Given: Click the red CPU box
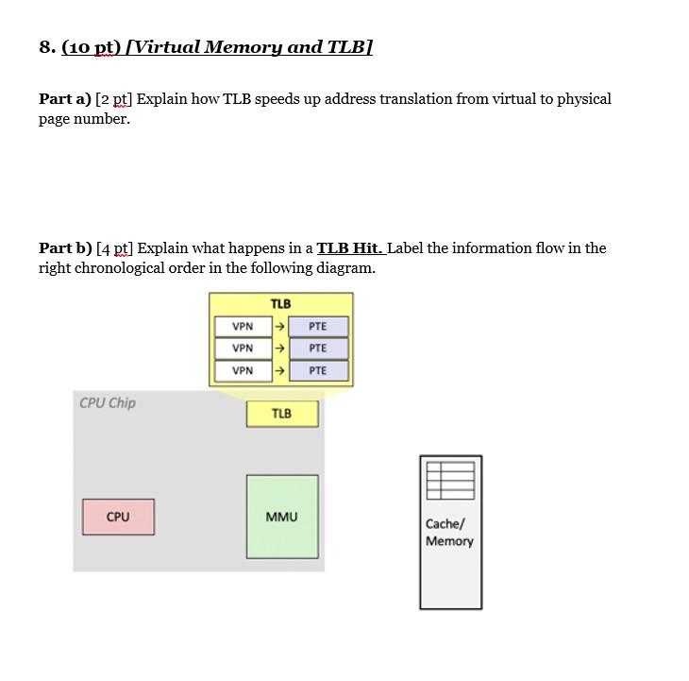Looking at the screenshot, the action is tap(118, 517).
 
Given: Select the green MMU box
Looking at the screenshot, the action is tap(282, 517).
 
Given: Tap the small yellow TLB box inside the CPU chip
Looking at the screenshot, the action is tap(281, 414).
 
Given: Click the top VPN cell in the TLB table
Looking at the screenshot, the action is tap(243, 327).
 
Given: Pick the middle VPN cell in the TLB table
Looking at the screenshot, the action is tap(243, 349).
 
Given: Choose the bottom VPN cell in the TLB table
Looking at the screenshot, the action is tap(243, 370).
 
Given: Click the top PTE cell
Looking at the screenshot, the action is tap(318, 327).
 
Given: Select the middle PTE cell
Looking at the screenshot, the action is tap(318, 349).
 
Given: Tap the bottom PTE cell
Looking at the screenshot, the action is tap(318, 370).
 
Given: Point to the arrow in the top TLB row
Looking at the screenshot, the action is tap(278, 327).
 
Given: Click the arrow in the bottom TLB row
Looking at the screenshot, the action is tap(278, 370).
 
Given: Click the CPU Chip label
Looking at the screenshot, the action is tap(108, 403).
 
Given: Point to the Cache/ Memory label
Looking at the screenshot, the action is tap(449, 532).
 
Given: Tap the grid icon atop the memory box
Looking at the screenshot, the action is tap(450, 480).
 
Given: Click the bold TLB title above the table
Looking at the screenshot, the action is tap(280, 304).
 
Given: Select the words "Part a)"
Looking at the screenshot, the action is tap(64, 99).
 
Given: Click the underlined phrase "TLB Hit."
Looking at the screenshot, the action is tap(350, 248).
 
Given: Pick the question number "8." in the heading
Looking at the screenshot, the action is tap(47, 47).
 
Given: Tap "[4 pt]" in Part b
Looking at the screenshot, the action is tap(116, 248).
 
